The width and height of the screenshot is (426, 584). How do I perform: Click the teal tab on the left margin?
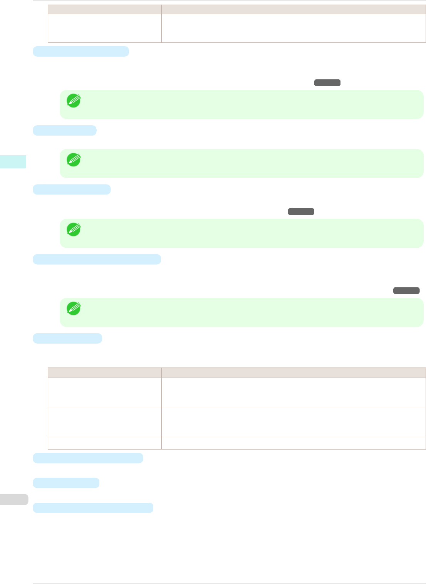(x=13, y=161)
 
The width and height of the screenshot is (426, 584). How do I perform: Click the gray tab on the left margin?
(x=14, y=499)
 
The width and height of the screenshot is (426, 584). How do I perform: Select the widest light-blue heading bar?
(x=97, y=259)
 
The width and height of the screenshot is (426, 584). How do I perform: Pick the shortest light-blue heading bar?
(x=64, y=130)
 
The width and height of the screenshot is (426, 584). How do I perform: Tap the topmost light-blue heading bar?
(x=81, y=51)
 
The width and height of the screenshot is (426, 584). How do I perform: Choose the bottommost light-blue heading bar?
(x=93, y=507)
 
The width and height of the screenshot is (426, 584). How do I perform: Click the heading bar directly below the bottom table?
(x=88, y=458)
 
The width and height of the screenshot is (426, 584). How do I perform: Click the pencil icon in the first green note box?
(x=73, y=100)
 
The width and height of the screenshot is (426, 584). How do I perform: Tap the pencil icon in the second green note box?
(x=73, y=159)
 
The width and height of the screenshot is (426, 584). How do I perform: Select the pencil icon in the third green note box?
(x=73, y=229)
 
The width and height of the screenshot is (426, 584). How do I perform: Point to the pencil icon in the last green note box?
(x=73, y=308)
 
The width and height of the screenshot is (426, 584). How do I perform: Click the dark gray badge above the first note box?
(x=327, y=82)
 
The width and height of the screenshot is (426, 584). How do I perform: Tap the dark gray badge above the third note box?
(x=301, y=211)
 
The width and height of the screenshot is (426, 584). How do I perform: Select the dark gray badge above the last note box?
(x=406, y=290)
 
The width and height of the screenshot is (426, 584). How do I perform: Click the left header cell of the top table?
(x=104, y=9)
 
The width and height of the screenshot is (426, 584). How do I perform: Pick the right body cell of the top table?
(x=294, y=28)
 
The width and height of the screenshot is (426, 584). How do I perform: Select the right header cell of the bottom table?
(x=294, y=372)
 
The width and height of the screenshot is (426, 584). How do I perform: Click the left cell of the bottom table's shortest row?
(x=104, y=443)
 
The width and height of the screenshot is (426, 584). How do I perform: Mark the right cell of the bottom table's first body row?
(x=294, y=392)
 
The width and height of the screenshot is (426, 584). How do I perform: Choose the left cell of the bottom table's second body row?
(x=104, y=422)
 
